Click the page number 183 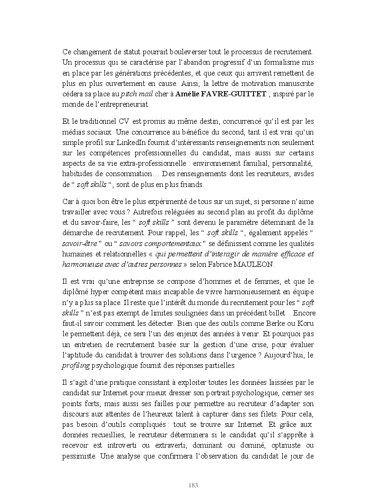193,485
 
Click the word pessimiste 79,457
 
